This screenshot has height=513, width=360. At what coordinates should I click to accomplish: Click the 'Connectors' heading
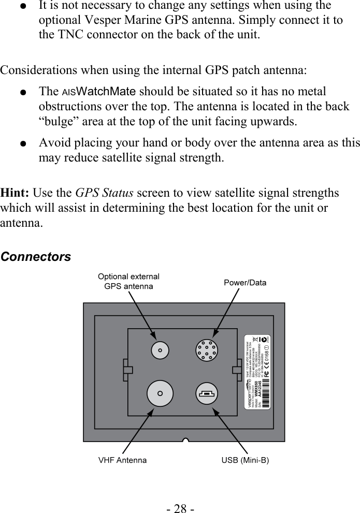(36, 257)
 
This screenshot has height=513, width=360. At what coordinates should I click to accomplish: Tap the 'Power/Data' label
(245, 283)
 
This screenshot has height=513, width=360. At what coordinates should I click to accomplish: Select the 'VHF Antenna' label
(122, 460)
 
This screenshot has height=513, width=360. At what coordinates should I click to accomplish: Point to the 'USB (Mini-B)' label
(245, 460)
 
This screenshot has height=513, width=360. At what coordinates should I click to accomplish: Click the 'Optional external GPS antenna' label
(128, 281)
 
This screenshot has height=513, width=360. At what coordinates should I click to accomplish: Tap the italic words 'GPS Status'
(104, 193)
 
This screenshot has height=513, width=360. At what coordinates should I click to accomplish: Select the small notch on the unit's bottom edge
(184, 440)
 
